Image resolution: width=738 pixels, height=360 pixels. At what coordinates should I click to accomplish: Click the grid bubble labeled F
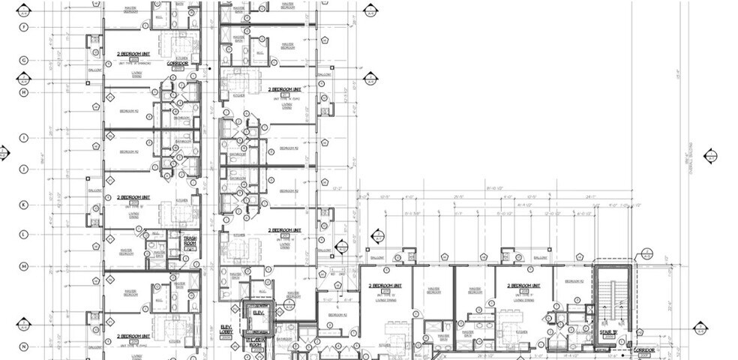point(24,27)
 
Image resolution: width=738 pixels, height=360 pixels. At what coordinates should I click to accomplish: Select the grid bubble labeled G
point(24,60)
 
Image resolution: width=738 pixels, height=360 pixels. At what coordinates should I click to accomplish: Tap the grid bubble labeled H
point(24,92)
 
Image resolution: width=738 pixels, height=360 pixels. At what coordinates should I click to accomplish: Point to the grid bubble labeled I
point(24,138)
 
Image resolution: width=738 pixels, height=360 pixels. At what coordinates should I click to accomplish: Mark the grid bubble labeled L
point(24,235)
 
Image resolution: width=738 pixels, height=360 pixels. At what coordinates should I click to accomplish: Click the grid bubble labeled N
point(24,346)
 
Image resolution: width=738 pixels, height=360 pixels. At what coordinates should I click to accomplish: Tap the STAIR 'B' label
point(609,332)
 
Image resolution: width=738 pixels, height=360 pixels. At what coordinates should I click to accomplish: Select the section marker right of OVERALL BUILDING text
point(711,156)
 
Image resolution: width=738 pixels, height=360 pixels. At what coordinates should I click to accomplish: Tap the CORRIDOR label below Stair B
point(643,350)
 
